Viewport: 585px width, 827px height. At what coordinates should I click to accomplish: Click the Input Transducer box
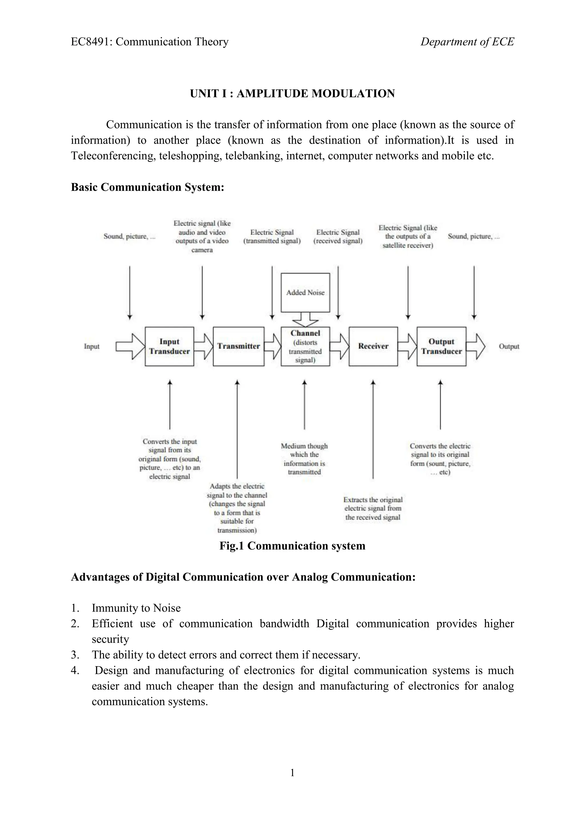tap(169, 346)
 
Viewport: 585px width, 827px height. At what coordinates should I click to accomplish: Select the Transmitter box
tap(239, 346)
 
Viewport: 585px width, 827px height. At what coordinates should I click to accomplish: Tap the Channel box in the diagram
tap(305, 346)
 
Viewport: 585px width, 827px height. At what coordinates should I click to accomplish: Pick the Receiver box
tap(373, 346)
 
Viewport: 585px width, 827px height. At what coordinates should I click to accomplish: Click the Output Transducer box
tap(441, 346)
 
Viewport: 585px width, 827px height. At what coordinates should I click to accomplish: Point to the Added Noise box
tap(305, 292)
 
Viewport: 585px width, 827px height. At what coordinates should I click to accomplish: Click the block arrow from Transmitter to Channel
tap(273, 346)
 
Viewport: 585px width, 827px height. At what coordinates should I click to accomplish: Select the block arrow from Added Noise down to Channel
tap(305, 320)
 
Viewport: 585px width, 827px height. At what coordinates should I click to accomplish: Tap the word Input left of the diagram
tap(91, 346)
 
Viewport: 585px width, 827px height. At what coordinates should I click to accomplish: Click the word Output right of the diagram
tap(509, 346)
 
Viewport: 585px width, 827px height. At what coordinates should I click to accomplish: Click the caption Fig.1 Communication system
tap(292, 546)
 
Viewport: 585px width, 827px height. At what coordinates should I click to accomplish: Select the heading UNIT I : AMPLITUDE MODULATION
tap(292, 94)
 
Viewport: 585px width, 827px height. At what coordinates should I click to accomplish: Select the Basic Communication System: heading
tap(147, 187)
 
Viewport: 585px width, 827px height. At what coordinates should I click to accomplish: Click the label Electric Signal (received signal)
tap(338, 237)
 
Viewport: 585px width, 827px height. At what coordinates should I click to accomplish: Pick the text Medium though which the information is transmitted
tap(304, 459)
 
